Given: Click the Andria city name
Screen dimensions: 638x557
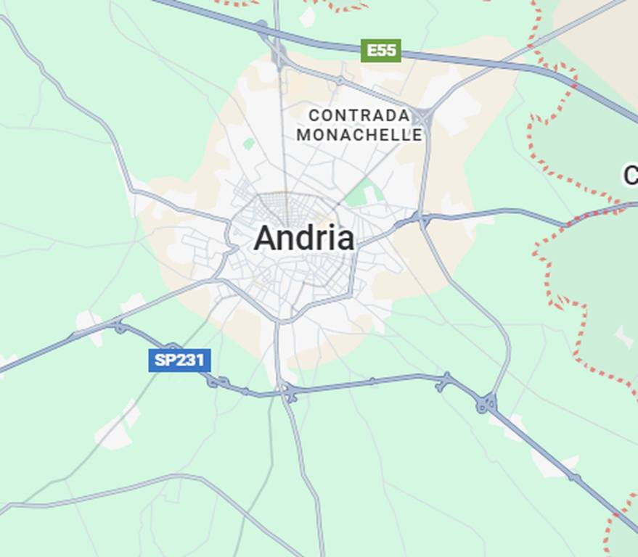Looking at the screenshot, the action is pos(304,238).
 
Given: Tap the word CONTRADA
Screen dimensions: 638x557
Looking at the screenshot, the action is pos(359,115).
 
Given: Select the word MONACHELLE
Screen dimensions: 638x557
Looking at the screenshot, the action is pos(359,135).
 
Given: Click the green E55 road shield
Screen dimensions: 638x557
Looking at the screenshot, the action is pos(381,50).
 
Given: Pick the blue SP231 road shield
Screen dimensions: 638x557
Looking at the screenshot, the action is pos(179,360).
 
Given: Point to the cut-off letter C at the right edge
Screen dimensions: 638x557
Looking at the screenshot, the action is pos(631,175).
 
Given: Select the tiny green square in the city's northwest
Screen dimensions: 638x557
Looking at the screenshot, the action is pos(249,144).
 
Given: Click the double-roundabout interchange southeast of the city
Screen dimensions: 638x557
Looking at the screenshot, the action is pos(486,403).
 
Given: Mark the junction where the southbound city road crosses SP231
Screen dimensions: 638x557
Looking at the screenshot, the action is pos(288,392).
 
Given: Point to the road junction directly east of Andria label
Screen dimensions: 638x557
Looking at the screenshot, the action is pos(420,218).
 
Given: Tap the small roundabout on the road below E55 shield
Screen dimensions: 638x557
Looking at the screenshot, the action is pos(339,80).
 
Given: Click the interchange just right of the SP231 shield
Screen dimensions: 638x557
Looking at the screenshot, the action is pos(216,381).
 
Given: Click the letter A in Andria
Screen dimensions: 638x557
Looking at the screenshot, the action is pos(264,239).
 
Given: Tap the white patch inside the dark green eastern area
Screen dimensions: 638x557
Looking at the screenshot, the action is pos(623,336).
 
